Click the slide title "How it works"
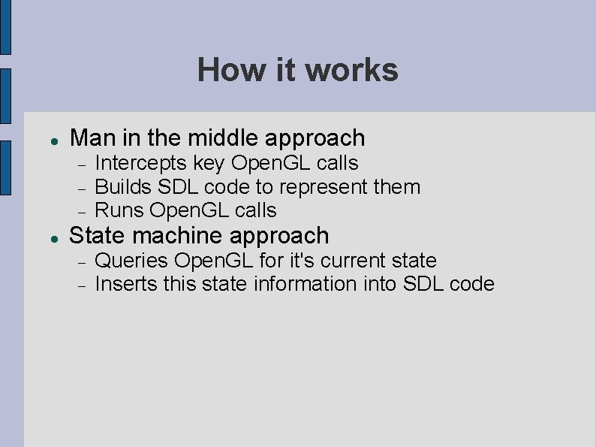tap(297, 70)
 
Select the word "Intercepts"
tap(141, 163)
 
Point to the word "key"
tap(209, 163)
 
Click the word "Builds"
tap(124, 186)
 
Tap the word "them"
tap(396, 186)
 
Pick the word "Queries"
tap(131, 261)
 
